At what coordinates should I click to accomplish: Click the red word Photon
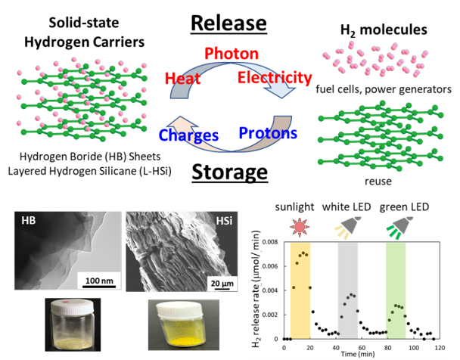(232, 54)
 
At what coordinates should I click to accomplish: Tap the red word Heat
(182, 78)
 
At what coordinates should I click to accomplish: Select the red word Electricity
(275, 78)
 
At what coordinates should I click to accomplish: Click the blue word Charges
(188, 135)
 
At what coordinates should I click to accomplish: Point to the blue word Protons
(268, 133)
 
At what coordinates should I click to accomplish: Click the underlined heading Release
(228, 23)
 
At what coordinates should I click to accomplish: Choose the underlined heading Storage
(230, 172)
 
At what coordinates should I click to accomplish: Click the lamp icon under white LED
(348, 227)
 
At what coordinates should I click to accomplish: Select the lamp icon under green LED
(399, 228)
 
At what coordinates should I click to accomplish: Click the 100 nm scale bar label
(99, 281)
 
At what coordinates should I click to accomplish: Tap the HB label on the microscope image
(29, 220)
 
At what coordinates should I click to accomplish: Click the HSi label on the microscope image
(225, 220)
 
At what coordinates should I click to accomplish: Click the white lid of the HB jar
(73, 306)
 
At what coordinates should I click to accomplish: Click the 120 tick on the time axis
(440, 348)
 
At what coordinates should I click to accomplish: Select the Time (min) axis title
(358, 354)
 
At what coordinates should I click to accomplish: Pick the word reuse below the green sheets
(378, 182)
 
